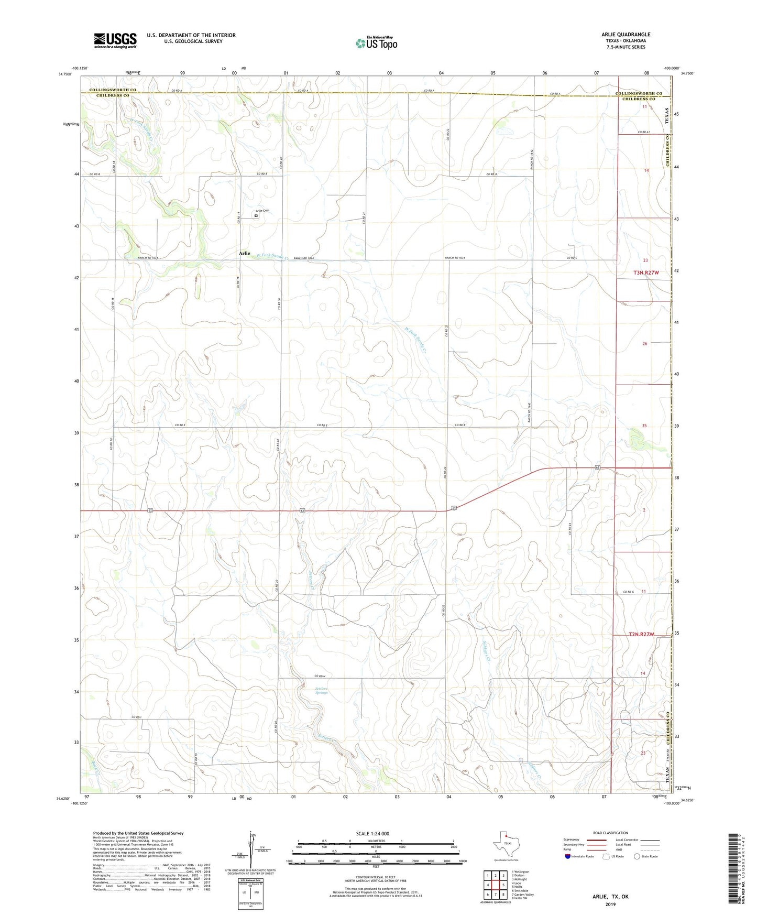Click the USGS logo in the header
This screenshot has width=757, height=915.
115,40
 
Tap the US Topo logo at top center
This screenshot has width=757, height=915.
376,43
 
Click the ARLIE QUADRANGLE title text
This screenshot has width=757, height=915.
626,35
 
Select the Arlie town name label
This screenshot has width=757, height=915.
244,253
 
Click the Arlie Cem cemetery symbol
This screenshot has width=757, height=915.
256,215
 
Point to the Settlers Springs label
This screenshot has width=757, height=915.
321,691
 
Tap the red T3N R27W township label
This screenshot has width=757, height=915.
646,273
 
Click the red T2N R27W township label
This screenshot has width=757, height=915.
641,634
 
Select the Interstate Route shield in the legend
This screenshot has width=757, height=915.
568,856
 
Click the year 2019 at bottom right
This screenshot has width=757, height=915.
610,904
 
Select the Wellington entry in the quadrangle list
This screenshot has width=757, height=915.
522,872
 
